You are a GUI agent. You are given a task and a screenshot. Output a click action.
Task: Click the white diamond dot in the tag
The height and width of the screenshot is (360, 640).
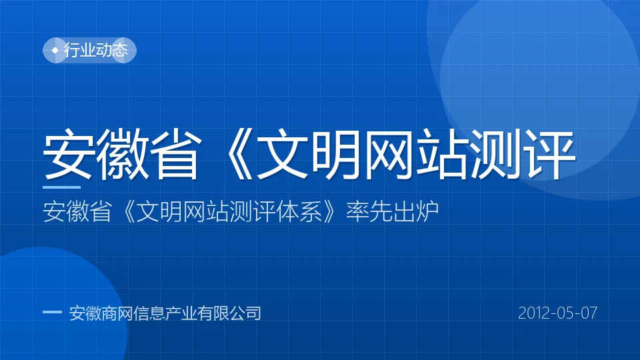click(55, 50)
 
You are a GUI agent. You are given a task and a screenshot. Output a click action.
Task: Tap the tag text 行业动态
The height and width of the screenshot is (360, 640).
click(96, 50)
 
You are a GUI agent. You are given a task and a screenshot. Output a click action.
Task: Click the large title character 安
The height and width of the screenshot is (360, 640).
click(69, 154)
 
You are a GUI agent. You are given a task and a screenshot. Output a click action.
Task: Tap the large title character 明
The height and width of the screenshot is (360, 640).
click(335, 154)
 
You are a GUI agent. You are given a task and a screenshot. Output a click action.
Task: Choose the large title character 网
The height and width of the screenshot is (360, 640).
click(389, 154)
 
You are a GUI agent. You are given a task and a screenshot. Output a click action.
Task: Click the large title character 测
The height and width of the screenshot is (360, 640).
click(495, 154)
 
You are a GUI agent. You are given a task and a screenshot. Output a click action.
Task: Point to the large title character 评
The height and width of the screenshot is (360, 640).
click(549, 154)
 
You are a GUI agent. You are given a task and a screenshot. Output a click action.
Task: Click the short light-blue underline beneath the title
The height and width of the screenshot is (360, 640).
click(61, 187)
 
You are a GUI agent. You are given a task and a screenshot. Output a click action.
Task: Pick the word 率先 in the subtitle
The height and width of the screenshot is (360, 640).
click(369, 211)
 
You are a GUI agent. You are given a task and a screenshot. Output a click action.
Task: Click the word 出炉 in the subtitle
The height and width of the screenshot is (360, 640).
click(415, 211)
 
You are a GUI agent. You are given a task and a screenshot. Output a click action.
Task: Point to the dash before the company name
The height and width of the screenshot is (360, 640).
click(52, 313)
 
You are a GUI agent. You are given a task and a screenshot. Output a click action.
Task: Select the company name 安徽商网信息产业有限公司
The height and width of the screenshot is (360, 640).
click(165, 313)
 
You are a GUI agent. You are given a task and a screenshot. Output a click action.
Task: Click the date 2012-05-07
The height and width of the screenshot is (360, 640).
click(557, 313)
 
